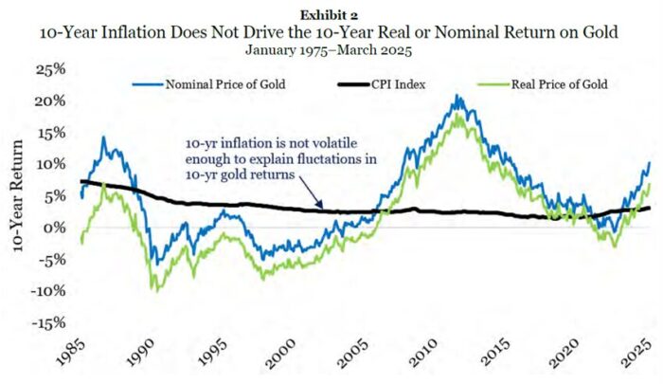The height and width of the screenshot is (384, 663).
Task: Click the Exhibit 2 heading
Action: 329,15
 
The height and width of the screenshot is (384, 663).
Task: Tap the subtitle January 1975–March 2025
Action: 329,50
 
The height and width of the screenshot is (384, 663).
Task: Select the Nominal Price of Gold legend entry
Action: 209,84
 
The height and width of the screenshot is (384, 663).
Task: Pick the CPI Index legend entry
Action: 382,84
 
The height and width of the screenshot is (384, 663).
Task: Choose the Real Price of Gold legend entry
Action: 543,84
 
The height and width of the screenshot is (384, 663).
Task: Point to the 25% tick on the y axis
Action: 51,69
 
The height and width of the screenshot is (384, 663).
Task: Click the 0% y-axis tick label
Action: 56,228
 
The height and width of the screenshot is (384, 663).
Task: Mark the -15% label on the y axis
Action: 48,323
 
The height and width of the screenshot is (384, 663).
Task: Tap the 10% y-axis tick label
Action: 51,164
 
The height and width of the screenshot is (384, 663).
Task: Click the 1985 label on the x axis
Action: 71,353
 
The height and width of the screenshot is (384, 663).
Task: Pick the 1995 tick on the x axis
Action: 213,353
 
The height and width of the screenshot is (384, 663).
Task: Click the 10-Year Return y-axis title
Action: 17,196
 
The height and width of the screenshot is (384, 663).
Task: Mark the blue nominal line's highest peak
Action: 456,95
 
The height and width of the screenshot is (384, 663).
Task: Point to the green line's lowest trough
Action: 158,291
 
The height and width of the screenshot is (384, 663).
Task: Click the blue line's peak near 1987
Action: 103,137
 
